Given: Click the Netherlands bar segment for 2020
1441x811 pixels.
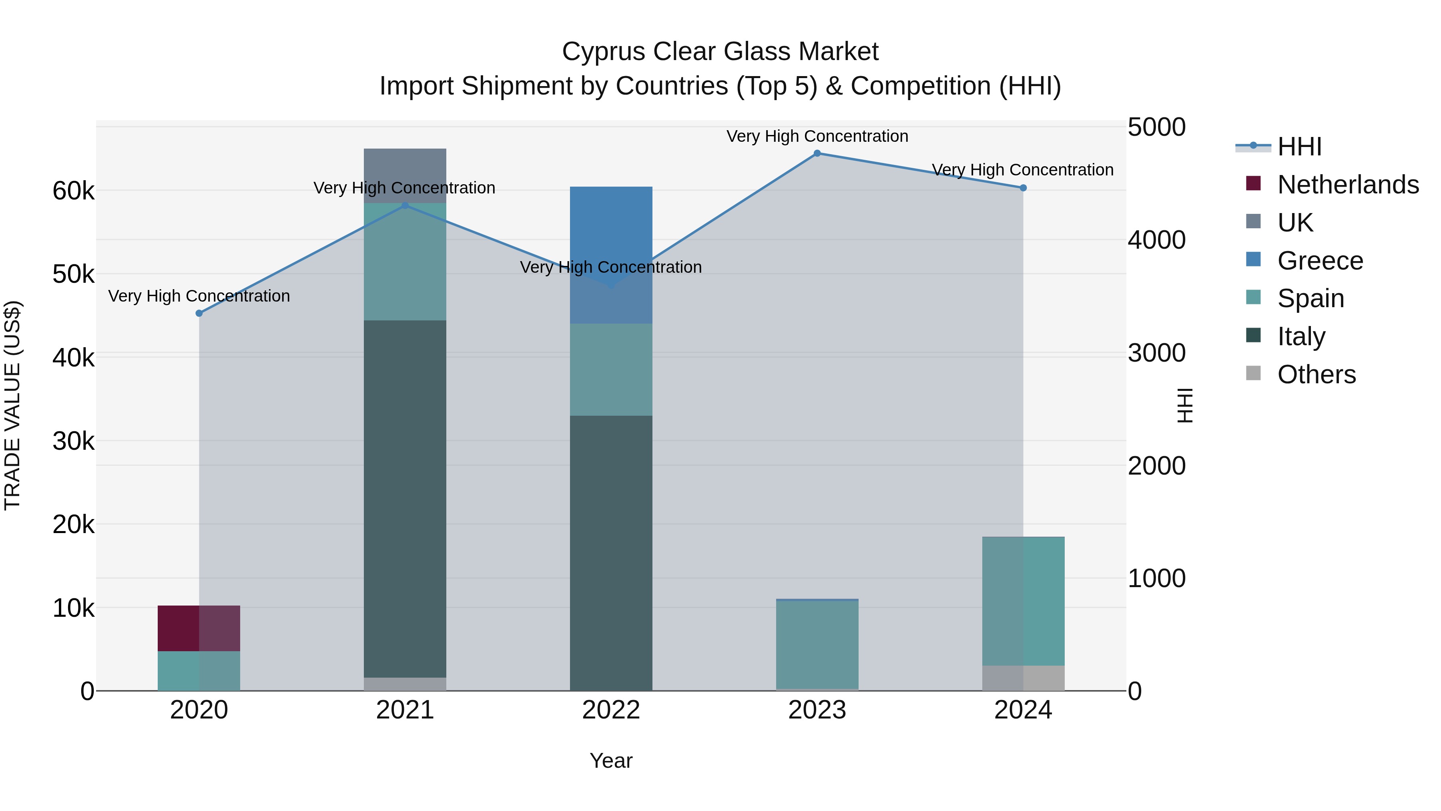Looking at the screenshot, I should pos(199,628).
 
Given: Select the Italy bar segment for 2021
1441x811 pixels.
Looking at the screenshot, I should pos(405,498).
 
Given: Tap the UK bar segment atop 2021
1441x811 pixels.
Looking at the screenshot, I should pos(405,175).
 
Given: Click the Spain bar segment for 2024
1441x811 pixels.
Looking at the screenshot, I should pos(1023,601).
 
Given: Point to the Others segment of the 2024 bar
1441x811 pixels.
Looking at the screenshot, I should pos(1023,678).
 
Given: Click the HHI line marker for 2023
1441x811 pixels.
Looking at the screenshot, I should pos(817,153).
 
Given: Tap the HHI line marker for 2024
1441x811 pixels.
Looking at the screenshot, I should pos(1023,188).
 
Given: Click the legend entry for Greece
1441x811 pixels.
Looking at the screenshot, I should pos(1320,261).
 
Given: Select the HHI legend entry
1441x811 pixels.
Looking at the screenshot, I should pos(1299,147).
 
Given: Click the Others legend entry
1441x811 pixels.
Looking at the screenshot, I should pos(1316,374).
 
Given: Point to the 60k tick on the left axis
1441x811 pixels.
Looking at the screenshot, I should pos(73,191).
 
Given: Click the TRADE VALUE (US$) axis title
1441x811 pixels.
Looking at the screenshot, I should pos(12,405).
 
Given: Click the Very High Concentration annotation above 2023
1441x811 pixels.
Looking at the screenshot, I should pos(817,137).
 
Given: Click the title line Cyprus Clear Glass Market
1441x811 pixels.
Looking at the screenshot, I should pos(720,52).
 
